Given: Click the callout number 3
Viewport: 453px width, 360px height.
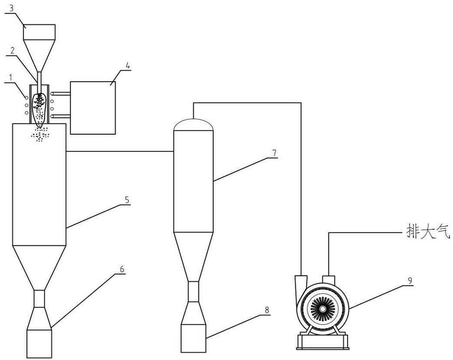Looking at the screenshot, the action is [x=12, y=8].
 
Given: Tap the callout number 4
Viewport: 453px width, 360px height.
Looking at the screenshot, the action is [x=128, y=65].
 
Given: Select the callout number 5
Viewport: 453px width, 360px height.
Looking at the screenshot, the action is [x=128, y=200].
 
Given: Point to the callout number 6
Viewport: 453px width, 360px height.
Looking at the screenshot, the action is [x=122, y=269].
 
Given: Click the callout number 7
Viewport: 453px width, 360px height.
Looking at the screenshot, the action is [x=275, y=153].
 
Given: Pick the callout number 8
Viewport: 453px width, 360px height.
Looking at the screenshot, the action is [x=267, y=310].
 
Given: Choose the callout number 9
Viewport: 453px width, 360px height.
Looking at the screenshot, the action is [x=410, y=281].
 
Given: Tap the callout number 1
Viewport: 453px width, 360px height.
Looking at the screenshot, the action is [x=11, y=77].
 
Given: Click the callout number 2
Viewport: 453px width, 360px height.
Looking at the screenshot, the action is [x=13, y=51].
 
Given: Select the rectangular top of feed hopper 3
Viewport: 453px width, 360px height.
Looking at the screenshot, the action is [x=39, y=32].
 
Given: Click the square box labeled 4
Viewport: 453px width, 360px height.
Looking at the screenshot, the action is [x=93, y=108].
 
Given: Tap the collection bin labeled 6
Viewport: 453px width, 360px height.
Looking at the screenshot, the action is [x=39, y=343].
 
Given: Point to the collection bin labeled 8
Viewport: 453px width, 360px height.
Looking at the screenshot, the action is [x=193, y=338].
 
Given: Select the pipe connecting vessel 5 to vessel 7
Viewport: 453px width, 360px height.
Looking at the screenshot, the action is [x=120, y=151].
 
